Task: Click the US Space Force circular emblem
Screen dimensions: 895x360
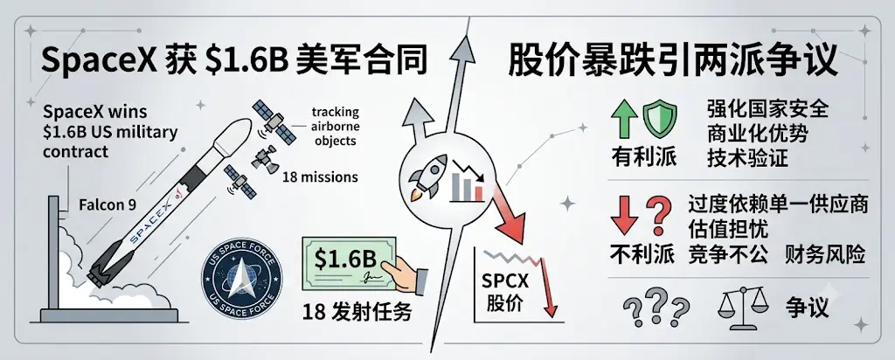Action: tap(241, 278)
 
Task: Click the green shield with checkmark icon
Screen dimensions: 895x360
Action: tap(660, 115)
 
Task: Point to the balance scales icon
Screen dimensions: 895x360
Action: tap(742, 308)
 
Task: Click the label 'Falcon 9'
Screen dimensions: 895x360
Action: tap(107, 205)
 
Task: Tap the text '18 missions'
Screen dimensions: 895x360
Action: tap(320, 177)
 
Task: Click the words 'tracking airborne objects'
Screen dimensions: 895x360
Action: tap(335, 126)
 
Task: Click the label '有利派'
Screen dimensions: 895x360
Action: tap(643, 156)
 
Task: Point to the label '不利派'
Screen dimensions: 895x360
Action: tap(642, 255)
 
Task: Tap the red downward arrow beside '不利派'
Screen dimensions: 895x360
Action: tap(625, 217)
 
